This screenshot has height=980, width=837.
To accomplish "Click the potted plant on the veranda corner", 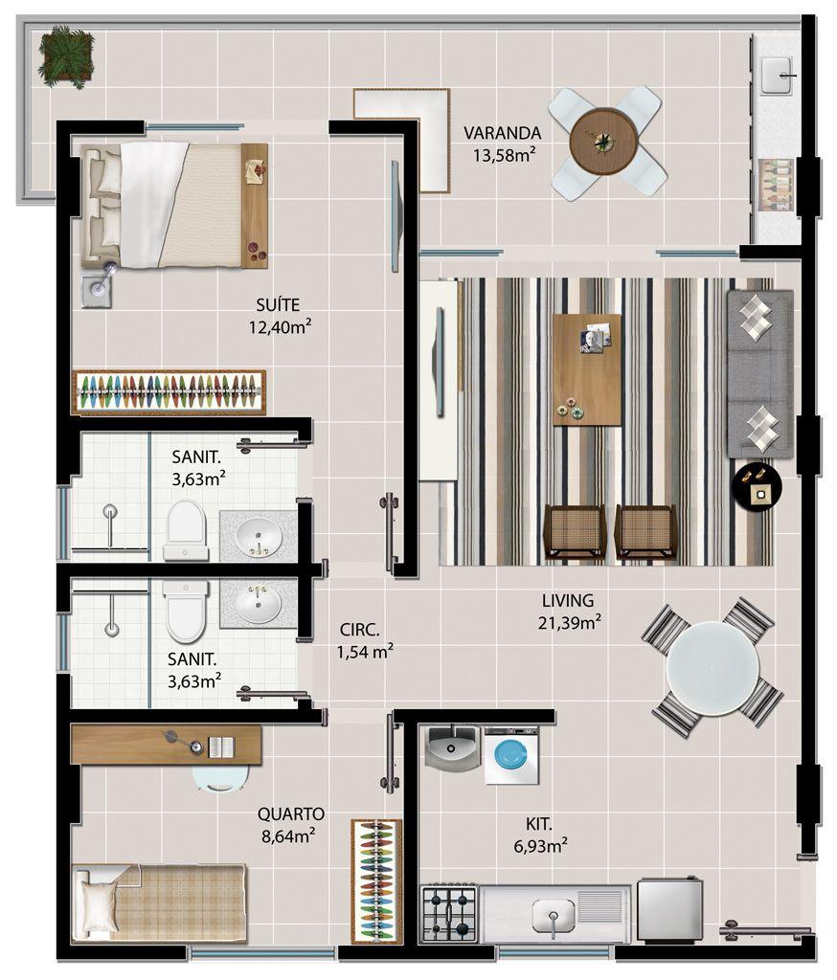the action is pyautogui.click(x=66, y=56).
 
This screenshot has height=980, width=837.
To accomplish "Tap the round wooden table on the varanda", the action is pyautogui.click(x=603, y=142).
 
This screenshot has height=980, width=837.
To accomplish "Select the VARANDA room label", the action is pyautogui.click(x=503, y=132).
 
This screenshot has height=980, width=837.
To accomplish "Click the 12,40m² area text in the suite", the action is pyautogui.click(x=281, y=326).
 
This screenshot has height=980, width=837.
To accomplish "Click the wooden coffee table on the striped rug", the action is pyautogui.click(x=587, y=369).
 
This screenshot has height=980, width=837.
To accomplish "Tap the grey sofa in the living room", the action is pyautogui.click(x=759, y=373).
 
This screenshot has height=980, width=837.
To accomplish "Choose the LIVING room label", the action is pyautogui.click(x=568, y=601).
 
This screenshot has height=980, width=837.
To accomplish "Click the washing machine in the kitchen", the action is pyautogui.click(x=511, y=755).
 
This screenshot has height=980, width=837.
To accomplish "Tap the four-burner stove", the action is pyautogui.click(x=449, y=913).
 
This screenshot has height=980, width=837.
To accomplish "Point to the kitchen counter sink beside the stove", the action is pyautogui.click(x=553, y=914).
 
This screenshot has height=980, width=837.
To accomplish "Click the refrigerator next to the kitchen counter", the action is pyautogui.click(x=670, y=910).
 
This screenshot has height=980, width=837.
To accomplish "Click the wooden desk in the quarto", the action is pyautogui.click(x=166, y=744).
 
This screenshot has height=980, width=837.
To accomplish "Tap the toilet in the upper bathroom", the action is pyautogui.click(x=185, y=528).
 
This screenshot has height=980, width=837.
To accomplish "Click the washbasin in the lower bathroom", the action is pyautogui.click(x=259, y=603).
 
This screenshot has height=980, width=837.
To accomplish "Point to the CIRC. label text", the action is pyautogui.click(x=360, y=630).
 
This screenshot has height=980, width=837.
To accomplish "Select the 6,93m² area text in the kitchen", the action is pyautogui.click(x=540, y=846).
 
